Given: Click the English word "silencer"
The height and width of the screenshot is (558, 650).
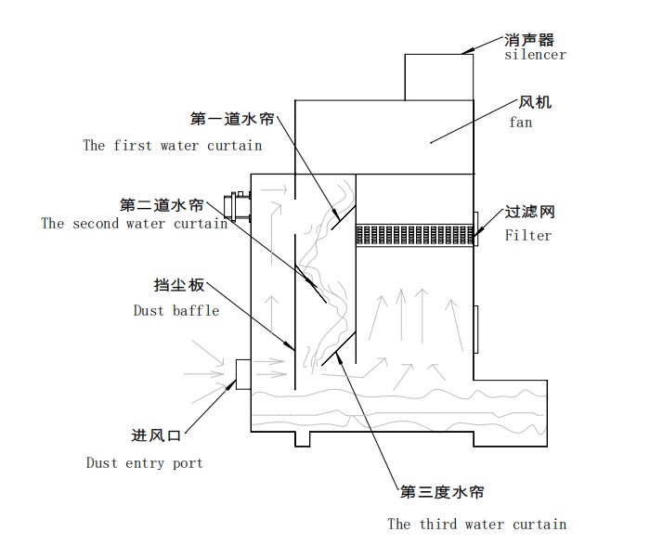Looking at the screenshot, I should pyautogui.click(x=535, y=55).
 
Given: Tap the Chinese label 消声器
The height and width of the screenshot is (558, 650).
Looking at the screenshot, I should pyautogui.click(x=529, y=40).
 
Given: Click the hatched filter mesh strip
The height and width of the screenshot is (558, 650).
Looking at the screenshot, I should pyautogui.click(x=416, y=235).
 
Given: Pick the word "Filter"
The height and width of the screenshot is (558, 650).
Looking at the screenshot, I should pyautogui.click(x=528, y=235).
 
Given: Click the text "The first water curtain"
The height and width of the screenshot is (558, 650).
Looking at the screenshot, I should pyautogui.click(x=173, y=145).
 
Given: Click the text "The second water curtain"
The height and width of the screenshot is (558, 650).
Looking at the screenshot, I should pyautogui.click(x=135, y=223).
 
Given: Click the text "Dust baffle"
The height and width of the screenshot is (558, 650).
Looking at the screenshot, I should pyautogui.click(x=176, y=310).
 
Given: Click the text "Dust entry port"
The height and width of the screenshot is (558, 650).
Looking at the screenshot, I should pyautogui.click(x=144, y=462).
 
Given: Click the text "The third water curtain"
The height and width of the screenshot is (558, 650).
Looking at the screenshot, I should pyautogui.click(x=476, y=524).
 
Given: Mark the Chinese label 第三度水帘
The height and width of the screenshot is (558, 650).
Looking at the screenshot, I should pyautogui.click(x=441, y=492).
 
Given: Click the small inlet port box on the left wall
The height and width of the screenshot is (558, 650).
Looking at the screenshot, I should pyautogui.click(x=244, y=374).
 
